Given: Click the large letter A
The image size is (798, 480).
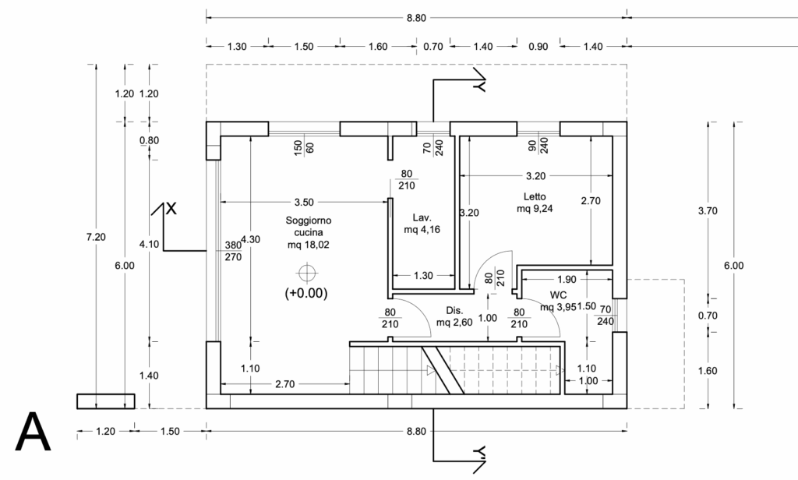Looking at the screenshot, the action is (x=33, y=432).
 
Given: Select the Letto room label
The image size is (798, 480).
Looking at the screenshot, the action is (x=535, y=196).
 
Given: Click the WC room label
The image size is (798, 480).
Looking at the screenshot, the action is (x=558, y=295).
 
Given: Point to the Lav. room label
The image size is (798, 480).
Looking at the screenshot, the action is (x=422, y=218).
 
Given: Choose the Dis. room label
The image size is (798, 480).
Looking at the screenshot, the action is (x=454, y=310).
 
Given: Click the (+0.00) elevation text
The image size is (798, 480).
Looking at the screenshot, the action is (x=306, y=293).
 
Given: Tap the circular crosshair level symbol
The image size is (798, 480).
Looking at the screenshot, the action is (x=307, y=274).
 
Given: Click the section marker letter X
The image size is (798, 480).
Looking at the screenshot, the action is (x=171, y=208).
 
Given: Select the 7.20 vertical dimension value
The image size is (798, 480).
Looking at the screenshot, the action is (x=96, y=237).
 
